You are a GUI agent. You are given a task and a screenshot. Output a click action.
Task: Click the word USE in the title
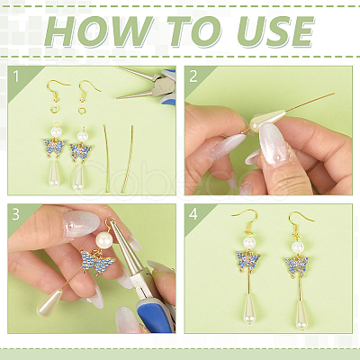point(275,31)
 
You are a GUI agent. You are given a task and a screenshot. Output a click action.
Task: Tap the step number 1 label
point(16,76)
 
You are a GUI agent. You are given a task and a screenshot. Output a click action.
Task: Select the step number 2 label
point(193,76)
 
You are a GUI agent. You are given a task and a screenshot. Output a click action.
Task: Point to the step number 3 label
point(16,214)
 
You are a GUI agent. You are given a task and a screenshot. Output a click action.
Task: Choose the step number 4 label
point(193,214)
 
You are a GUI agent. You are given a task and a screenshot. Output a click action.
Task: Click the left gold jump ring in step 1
point(55,110)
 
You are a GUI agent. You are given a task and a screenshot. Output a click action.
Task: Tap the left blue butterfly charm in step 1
point(55,148)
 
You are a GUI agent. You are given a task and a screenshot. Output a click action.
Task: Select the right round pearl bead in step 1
point(82,137)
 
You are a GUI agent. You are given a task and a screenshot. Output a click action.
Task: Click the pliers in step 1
point(147,85)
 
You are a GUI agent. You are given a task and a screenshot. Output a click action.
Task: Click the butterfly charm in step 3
point(98,262)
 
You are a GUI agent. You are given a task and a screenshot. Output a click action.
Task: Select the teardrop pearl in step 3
point(49,302)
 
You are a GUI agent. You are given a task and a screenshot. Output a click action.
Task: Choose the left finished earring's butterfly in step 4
point(248,260)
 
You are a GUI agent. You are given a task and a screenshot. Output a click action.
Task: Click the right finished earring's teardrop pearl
point(301,315)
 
